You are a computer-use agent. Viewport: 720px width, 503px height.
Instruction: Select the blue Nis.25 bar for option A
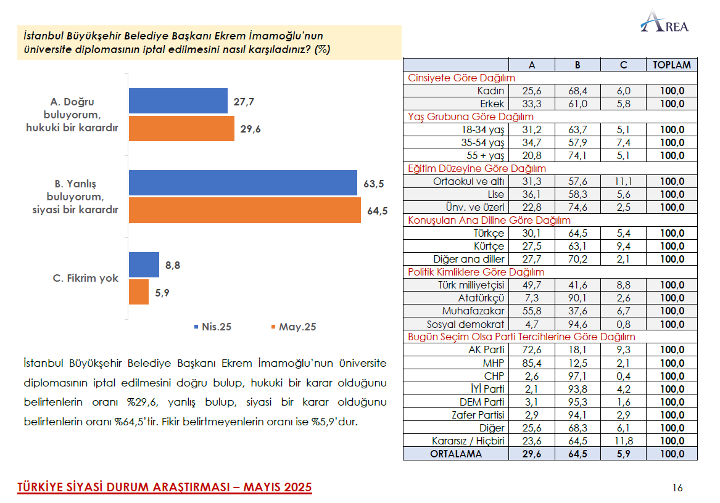(x=178, y=101)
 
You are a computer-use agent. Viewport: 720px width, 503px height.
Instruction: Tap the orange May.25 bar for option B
(x=244, y=210)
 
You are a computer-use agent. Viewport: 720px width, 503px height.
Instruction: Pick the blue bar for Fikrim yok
(x=144, y=265)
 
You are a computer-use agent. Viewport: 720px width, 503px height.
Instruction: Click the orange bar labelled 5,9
(x=139, y=292)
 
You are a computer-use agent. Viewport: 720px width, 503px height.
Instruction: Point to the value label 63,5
(x=374, y=183)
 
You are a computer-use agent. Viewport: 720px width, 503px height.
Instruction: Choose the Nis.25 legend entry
(x=212, y=327)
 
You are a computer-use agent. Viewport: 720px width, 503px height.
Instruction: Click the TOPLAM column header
(x=671, y=65)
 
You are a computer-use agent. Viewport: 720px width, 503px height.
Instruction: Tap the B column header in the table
(x=577, y=65)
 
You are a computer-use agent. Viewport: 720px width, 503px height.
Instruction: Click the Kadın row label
(x=492, y=91)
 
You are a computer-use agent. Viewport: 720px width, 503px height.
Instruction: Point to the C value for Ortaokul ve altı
(x=623, y=181)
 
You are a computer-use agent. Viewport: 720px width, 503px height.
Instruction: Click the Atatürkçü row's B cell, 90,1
(x=577, y=298)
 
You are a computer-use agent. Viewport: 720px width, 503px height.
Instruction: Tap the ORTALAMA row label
(x=457, y=454)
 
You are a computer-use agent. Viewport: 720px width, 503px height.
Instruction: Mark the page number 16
(x=677, y=488)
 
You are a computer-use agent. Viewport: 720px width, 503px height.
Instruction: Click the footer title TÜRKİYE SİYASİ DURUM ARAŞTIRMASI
(x=164, y=488)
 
